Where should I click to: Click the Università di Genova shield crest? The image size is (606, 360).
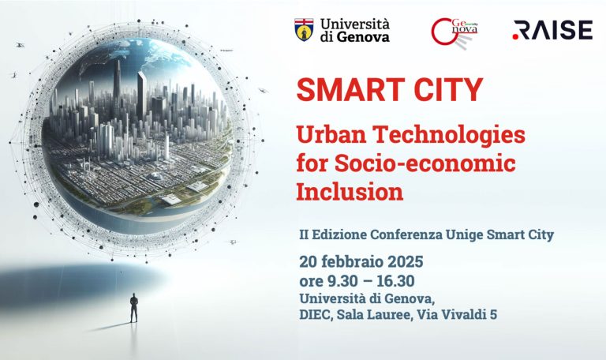304,30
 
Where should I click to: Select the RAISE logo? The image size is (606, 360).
552,30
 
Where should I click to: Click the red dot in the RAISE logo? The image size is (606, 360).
515,37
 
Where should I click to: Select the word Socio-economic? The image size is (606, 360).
425,163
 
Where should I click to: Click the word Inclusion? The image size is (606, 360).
350,191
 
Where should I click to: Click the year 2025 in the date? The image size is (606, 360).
406,262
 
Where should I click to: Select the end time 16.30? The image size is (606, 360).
395,282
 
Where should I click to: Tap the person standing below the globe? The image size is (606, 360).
133,308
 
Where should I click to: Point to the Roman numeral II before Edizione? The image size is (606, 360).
304,234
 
